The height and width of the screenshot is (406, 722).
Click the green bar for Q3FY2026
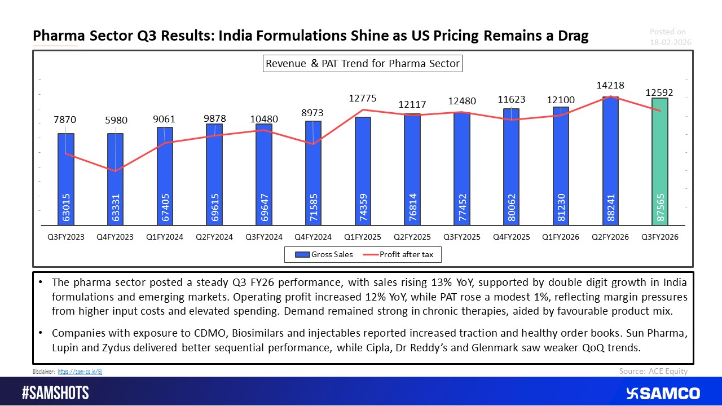pos(660,164)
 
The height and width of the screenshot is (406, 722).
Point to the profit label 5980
pos(116,120)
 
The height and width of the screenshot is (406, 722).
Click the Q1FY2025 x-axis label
pos(363,237)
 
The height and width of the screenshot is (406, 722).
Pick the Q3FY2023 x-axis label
pos(66,237)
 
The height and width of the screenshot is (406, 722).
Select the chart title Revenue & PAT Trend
pos(363,64)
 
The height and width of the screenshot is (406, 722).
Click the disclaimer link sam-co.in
pos(80,372)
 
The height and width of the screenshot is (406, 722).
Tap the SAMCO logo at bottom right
pos(663,393)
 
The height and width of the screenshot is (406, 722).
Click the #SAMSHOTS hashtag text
pos(55,393)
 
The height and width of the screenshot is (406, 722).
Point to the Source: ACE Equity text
pos(653,370)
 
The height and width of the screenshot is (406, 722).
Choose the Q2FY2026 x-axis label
pos(610,237)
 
